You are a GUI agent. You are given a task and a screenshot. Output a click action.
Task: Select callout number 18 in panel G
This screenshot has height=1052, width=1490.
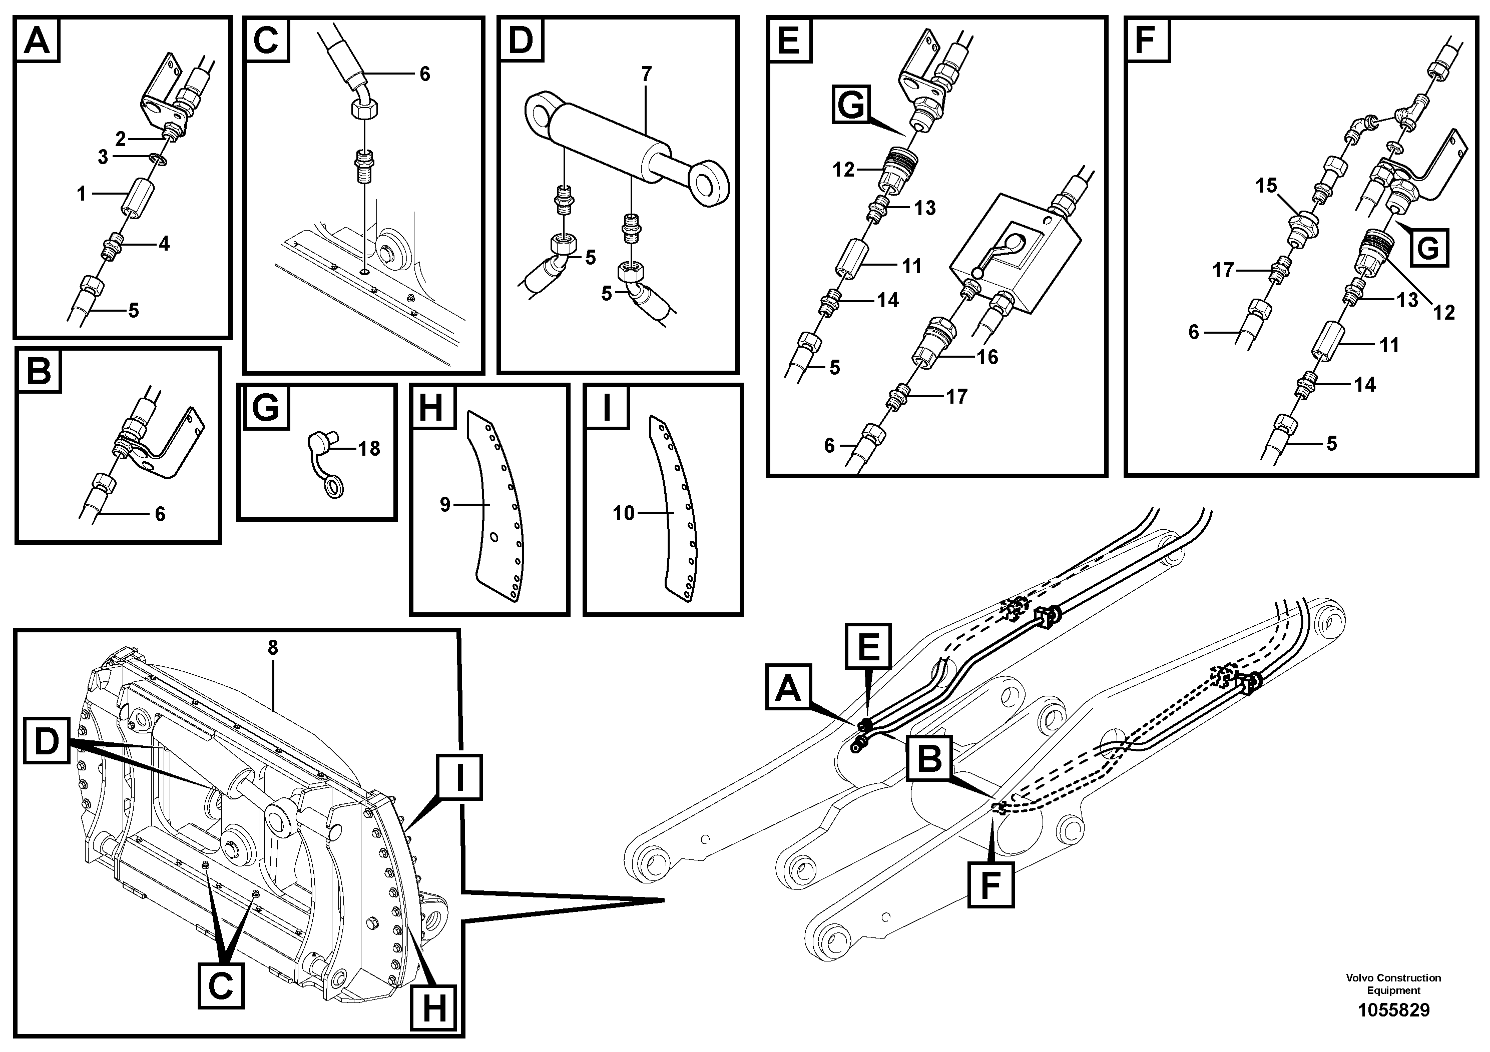pos(369,448)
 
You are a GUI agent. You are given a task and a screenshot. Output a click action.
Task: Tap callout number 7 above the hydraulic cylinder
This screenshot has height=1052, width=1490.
pos(646,75)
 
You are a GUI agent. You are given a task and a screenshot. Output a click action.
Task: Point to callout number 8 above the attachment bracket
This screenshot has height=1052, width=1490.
pos(273,647)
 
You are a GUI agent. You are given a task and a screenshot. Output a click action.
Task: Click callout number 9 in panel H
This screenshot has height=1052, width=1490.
pos(444,505)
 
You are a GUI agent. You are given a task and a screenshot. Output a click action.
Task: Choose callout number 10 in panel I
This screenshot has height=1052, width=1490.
pos(623,514)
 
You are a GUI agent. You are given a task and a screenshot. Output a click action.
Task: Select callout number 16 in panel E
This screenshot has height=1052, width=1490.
pos(987,357)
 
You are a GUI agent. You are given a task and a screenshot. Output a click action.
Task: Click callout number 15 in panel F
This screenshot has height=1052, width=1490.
pos(1265,186)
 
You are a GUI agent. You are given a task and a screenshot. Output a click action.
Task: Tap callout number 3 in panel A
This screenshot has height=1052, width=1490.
pos(103,158)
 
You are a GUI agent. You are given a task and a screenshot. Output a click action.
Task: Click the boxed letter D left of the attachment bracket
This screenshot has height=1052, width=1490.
pos(47,742)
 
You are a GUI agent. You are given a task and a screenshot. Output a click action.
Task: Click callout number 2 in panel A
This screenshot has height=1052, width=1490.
pos(121,139)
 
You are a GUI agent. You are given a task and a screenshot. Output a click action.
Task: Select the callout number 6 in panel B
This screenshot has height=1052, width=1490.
pos(160,514)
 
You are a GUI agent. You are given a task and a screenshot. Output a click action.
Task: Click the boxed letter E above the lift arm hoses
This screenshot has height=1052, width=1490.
pos(868,647)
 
